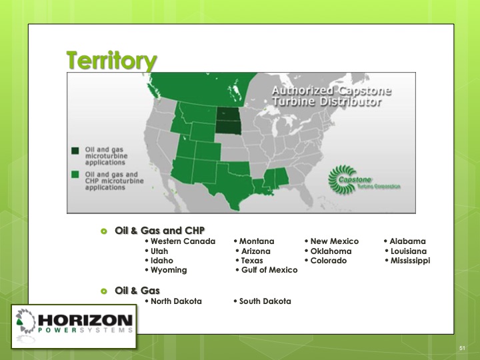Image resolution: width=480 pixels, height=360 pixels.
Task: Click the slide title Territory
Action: click(x=112, y=61)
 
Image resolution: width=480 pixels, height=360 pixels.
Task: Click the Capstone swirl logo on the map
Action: click(x=341, y=179)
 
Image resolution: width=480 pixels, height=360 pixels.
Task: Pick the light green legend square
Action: click(x=75, y=175)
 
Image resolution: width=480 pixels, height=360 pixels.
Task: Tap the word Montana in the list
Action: click(x=256, y=241)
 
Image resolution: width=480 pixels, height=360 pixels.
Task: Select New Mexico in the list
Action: click(x=334, y=241)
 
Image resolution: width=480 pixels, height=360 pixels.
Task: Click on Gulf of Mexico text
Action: click(x=259, y=270)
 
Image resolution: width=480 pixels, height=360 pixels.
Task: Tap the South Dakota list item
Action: click(x=265, y=301)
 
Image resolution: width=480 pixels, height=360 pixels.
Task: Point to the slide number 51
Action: click(x=461, y=349)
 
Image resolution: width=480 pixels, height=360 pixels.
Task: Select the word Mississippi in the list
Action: click(x=410, y=260)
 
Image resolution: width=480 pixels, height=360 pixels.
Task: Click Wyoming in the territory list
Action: click(x=169, y=270)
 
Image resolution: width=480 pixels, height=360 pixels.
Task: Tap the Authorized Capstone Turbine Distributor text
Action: click(x=330, y=97)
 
